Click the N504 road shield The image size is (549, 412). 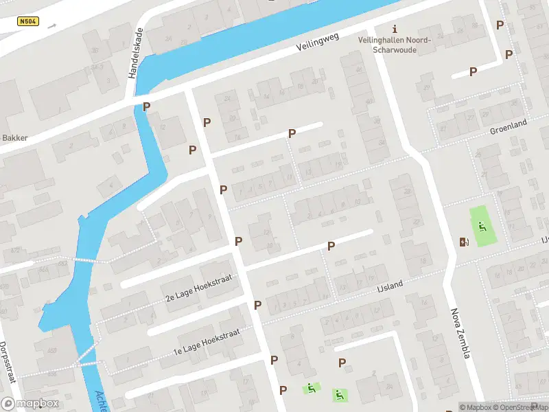coord(28,22)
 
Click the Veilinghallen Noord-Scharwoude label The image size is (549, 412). coord(395,44)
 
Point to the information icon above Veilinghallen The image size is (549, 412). coord(394,29)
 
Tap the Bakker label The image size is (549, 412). coord(14,137)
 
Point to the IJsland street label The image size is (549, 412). coord(389,283)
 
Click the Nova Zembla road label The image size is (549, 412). coord(460,333)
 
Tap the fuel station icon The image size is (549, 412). coord(465,241)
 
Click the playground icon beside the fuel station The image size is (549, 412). coord(482,227)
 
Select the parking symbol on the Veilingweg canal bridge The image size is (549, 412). coord(146,107)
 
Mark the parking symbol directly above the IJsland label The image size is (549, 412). coord(331,246)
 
